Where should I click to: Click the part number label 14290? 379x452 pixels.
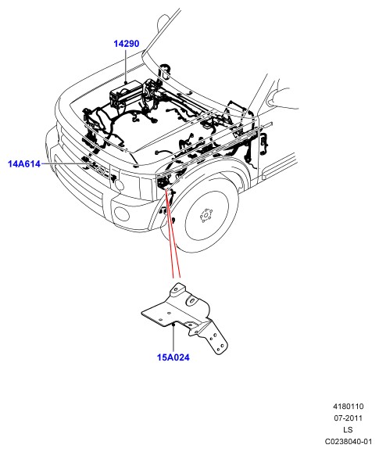pyautogui.click(x=126, y=44)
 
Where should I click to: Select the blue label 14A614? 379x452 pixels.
pyautogui.click(x=24, y=164)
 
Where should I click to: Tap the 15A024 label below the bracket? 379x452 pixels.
pyautogui.click(x=173, y=357)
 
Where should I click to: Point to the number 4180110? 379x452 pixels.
pyautogui.click(x=349, y=407)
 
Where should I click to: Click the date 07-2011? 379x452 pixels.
pyautogui.click(x=349, y=418)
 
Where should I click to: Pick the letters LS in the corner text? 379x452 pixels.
pyautogui.click(x=348, y=429)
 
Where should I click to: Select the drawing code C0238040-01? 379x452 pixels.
pyautogui.click(x=349, y=441)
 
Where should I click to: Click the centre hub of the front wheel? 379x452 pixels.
pyautogui.click(x=206, y=215)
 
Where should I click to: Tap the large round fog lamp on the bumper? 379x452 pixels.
pyautogui.click(x=121, y=213)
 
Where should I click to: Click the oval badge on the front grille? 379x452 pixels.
pyautogui.click(x=100, y=172)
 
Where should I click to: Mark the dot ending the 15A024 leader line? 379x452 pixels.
pyautogui.click(x=173, y=325)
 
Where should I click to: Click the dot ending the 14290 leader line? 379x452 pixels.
pyautogui.click(x=126, y=83)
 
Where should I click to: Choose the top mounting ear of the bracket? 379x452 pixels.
pyautogui.click(x=177, y=289)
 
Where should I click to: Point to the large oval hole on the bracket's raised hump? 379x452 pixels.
pyautogui.click(x=191, y=302)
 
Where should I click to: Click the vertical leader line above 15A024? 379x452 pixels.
pyautogui.click(x=173, y=339)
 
